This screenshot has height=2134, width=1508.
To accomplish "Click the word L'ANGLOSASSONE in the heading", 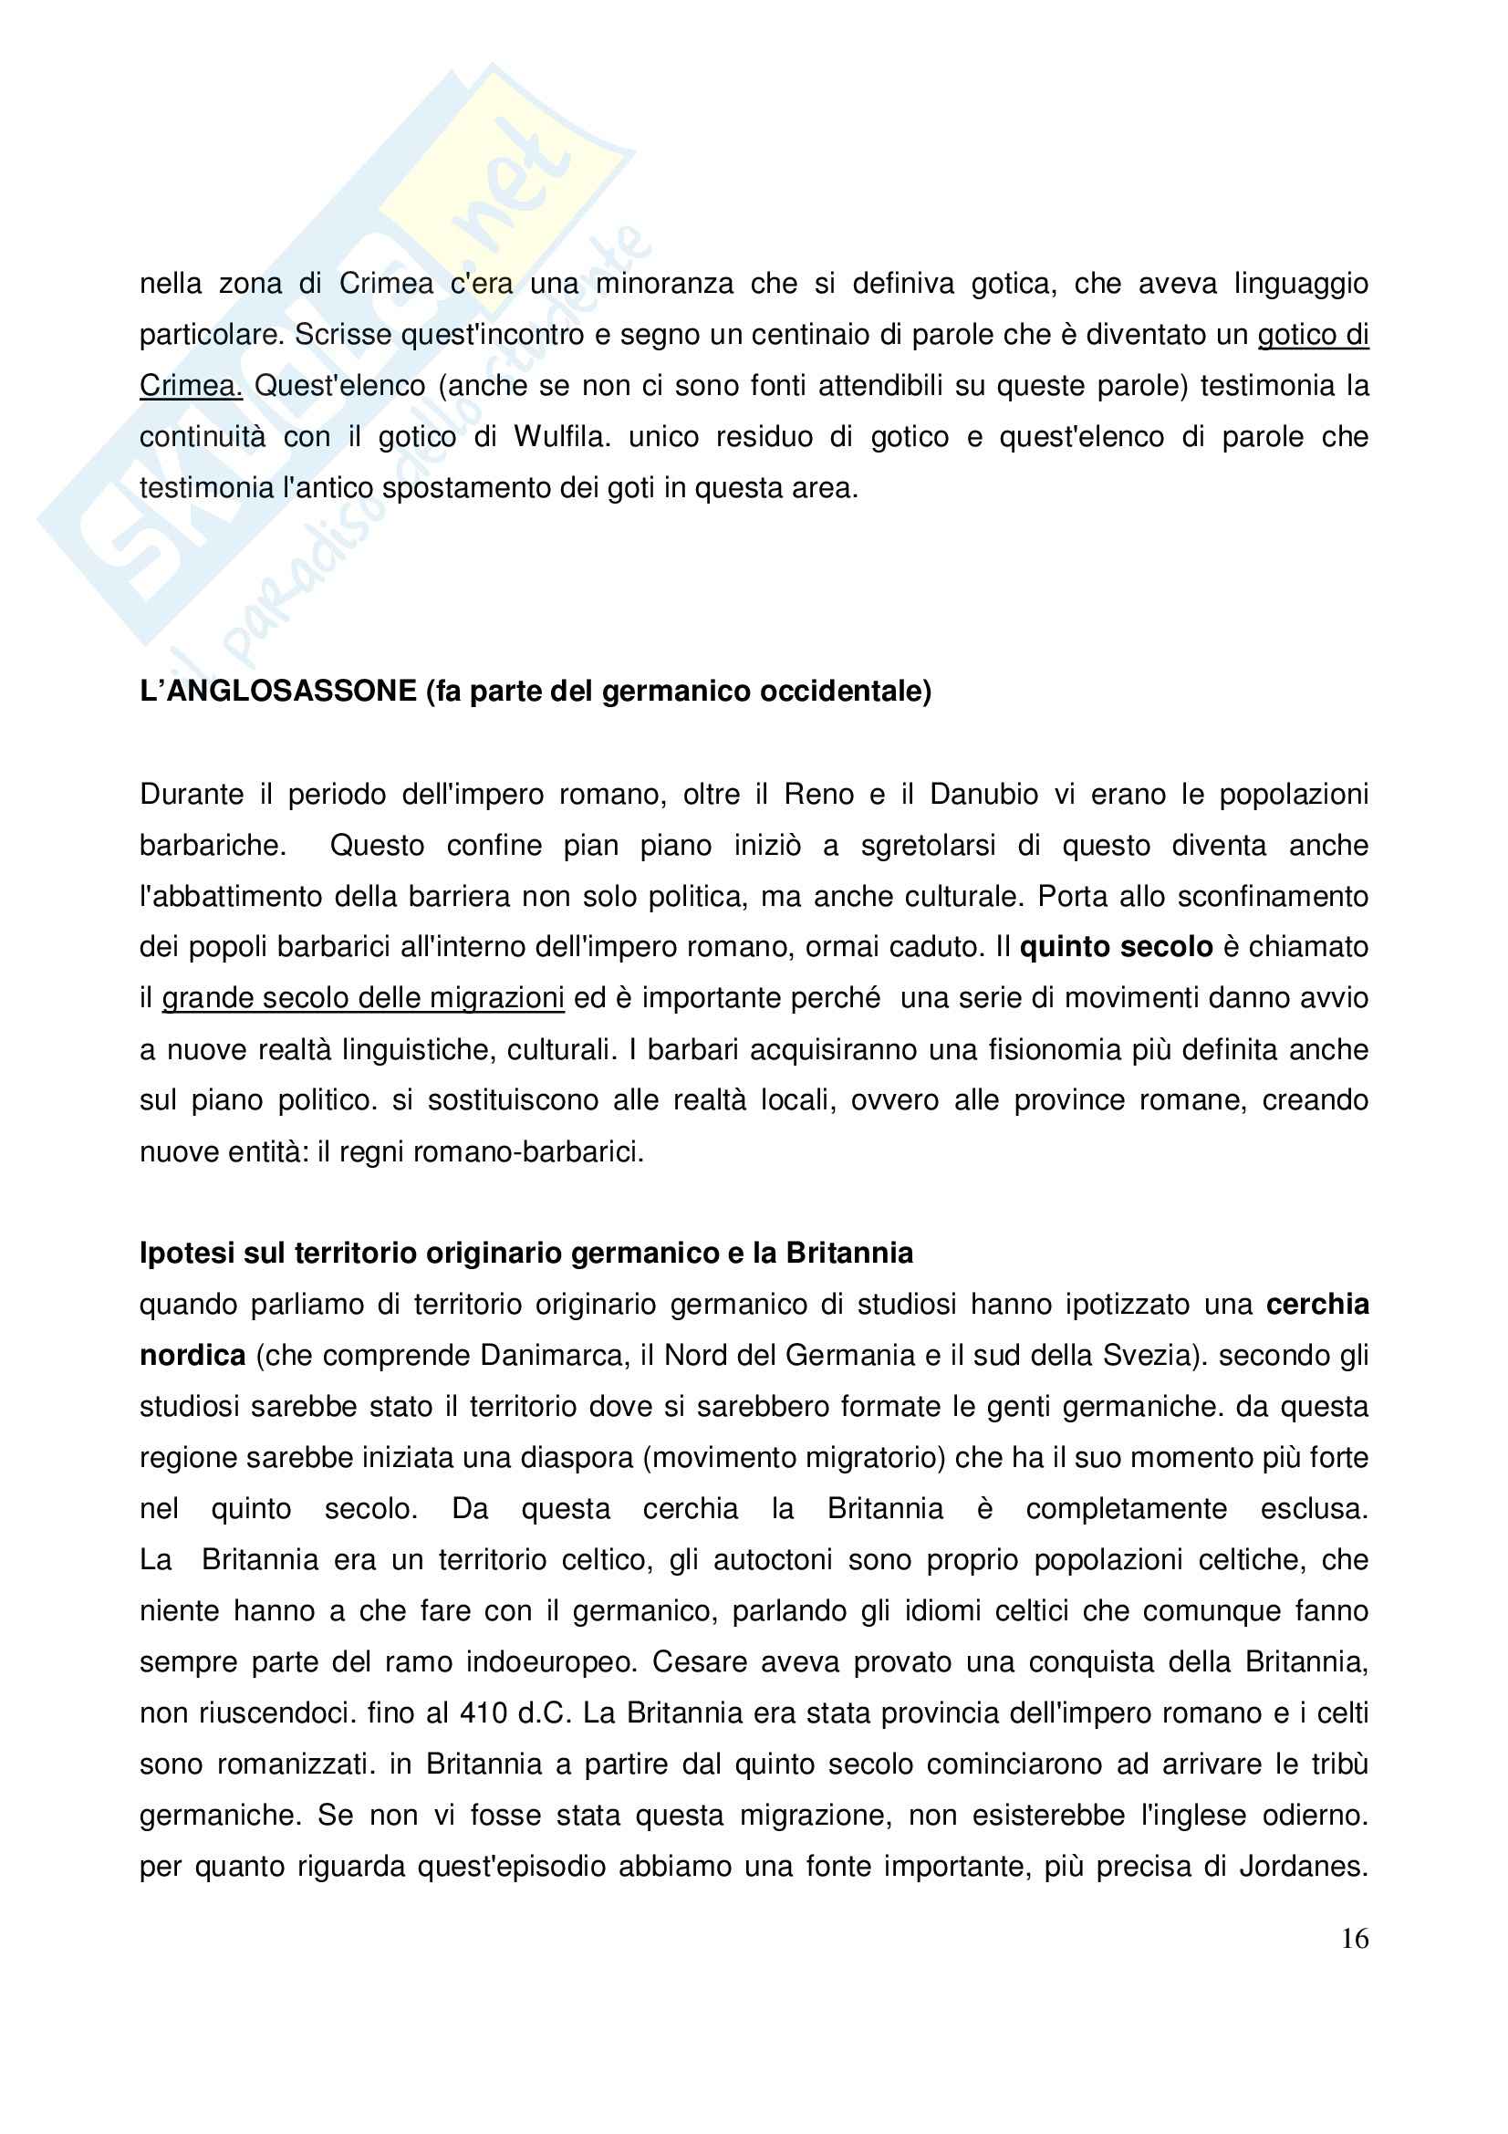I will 278,692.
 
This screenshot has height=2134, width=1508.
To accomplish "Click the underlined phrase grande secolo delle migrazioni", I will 363,998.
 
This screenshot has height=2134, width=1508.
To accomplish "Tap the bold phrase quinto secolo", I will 1116,947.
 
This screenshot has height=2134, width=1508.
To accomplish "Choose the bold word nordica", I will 192,1355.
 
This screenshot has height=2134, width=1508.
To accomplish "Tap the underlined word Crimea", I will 191,386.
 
